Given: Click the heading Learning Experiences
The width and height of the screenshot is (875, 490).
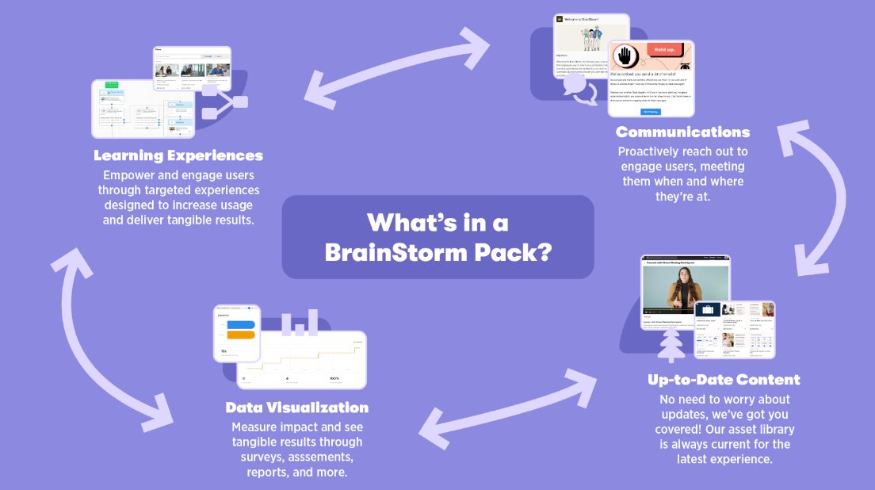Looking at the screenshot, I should tap(178, 155).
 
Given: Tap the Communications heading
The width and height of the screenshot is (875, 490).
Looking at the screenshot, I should tap(682, 132).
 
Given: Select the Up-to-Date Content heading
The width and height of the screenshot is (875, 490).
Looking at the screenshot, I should tap(724, 380).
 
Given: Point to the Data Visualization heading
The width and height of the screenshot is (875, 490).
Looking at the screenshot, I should tap(297, 408).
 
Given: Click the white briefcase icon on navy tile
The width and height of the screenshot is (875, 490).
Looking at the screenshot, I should tap(707, 311).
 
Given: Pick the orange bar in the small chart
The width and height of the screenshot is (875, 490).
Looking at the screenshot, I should tap(240, 334).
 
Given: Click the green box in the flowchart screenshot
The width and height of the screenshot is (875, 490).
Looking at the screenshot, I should tap(111, 83).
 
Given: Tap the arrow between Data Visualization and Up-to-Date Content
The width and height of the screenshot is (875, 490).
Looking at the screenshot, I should tap(507, 408).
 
